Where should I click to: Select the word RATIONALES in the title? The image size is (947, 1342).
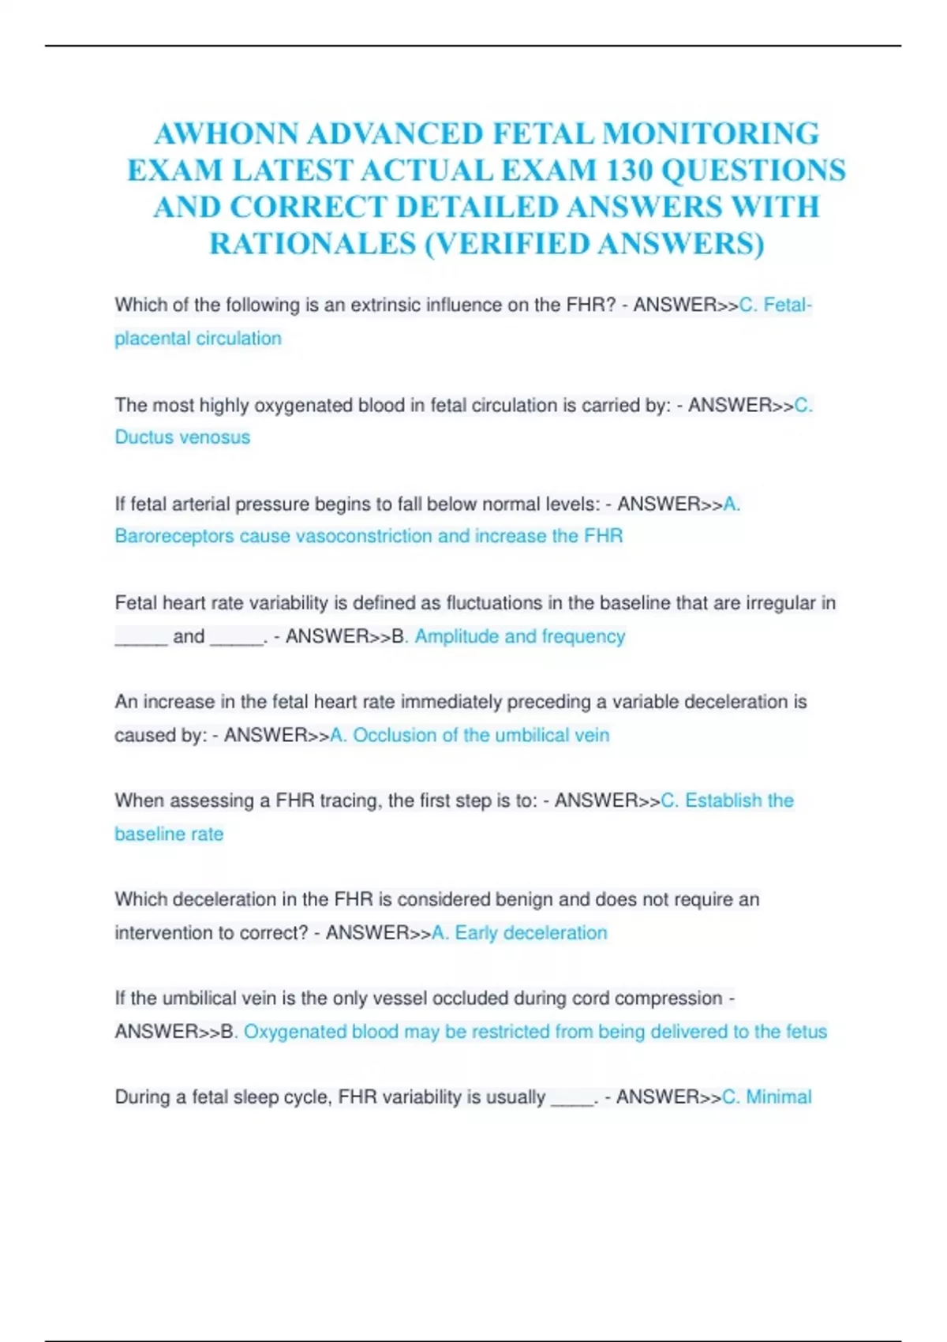[313, 244]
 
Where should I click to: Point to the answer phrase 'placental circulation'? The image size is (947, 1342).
[198, 339]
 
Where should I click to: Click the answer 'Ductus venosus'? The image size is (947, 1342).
[182, 437]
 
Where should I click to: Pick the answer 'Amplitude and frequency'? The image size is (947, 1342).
[520, 636]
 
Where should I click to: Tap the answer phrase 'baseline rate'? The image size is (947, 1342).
[169, 834]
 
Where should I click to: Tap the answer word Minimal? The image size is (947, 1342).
[778, 1097]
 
